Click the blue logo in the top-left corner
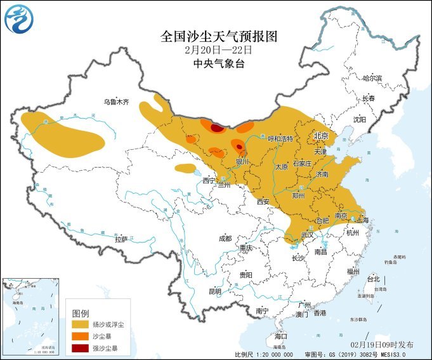18,19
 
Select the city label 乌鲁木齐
116,102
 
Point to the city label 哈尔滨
372,78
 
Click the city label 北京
320,136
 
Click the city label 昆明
216,291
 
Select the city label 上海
363,220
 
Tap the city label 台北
373,279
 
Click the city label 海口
281,335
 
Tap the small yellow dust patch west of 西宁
185,168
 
